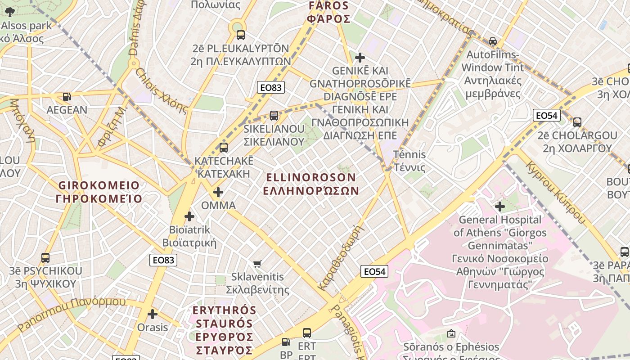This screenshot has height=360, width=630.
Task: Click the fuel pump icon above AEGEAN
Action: [x=67, y=96]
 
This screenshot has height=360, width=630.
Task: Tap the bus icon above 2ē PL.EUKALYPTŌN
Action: [x=241, y=35]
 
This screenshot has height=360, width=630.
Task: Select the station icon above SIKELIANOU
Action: [x=274, y=115]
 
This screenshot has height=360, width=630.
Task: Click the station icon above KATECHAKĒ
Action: [x=223, y=147]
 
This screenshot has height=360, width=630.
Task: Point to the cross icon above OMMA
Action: [x=218, y=192]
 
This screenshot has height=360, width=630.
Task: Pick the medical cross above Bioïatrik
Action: [x=189, y=216]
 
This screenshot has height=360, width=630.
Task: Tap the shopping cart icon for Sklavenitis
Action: [x=257, y=264]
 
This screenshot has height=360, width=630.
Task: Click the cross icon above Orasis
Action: [x=153, y=314]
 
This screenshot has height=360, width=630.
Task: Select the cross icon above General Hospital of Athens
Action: [x=499, y=207]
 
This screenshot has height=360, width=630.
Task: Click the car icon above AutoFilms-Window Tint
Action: [x=493, y=41]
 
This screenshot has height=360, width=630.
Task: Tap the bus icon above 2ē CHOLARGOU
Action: [x=577, y=122]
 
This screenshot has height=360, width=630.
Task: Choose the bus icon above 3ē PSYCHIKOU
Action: [x=45, y=258]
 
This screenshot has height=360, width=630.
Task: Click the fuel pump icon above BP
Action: [x=286, y=342]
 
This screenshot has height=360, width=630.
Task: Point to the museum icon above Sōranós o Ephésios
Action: [x=451, y=333]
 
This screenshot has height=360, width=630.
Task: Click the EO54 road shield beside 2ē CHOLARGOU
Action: [x=546, y=116]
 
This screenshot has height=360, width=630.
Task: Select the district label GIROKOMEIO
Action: [x=99, y=185]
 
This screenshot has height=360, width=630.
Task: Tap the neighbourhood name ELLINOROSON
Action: [x=311, y=178]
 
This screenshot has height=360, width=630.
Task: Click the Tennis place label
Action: [x=409, y=154]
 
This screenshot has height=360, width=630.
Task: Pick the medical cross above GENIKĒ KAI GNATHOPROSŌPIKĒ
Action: [x=360, y=58]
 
